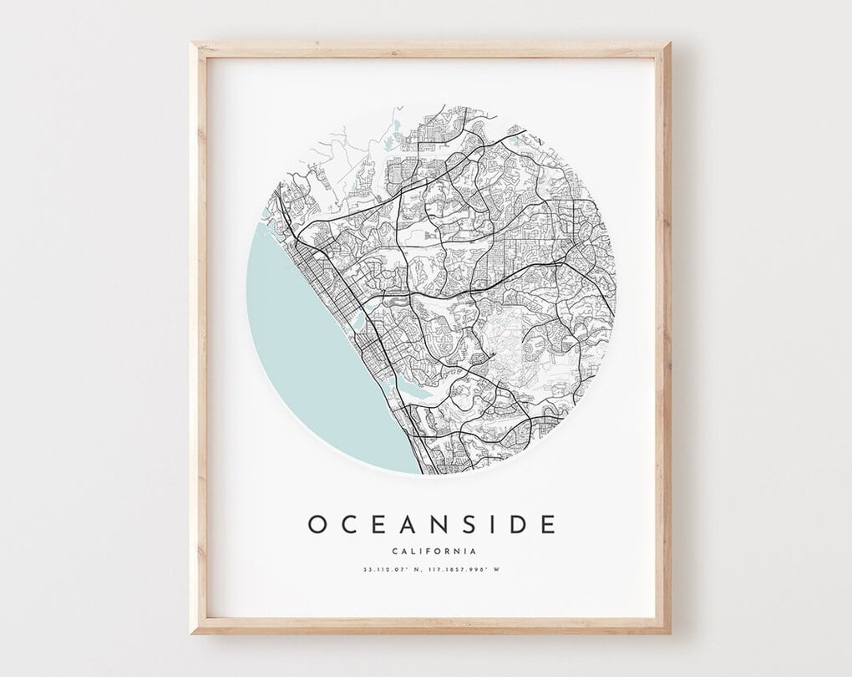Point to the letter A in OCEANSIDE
(x=411, y=524)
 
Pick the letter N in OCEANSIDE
(x=444, y=524)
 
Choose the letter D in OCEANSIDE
(x=519, y=524)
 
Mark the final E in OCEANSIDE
(x=548, y=524)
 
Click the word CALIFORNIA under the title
(x=434, y=551)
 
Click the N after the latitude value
(x=411, y=571)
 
